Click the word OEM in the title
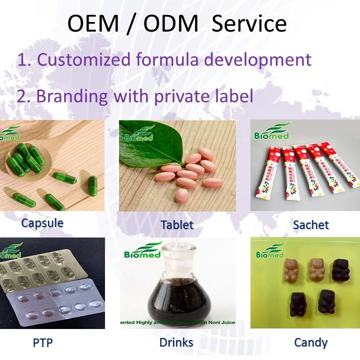[x=93, y=23]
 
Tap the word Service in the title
[x=249, y=23]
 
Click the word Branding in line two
[x=72, y=95]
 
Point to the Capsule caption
[x=42, y=222]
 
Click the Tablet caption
[x=177, y=225]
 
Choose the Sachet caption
[x=311, y=225]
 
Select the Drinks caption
[x=176, y=343]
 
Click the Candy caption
[x=310, y=343]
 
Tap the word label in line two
[x=232, y=95]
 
